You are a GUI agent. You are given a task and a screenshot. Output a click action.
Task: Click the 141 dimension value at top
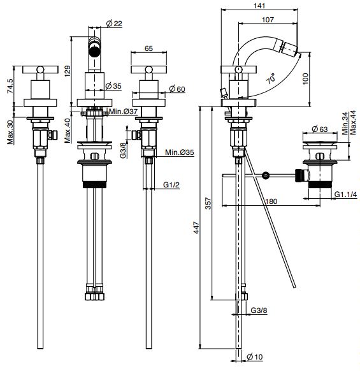259,5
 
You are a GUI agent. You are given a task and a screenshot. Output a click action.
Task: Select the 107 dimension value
268,19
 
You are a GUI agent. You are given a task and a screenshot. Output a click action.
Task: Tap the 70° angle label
271,78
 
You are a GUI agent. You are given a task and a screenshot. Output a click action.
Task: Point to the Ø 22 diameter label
114,24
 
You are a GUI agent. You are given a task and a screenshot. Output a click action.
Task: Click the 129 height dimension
68,71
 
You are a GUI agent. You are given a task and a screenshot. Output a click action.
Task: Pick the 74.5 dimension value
11,86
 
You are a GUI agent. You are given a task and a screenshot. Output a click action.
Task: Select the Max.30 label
10,132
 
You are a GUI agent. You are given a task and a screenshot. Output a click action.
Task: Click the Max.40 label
68,131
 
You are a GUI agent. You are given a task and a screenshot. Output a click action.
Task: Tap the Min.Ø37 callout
123,111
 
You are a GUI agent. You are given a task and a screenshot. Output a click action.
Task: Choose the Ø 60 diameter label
177,89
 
